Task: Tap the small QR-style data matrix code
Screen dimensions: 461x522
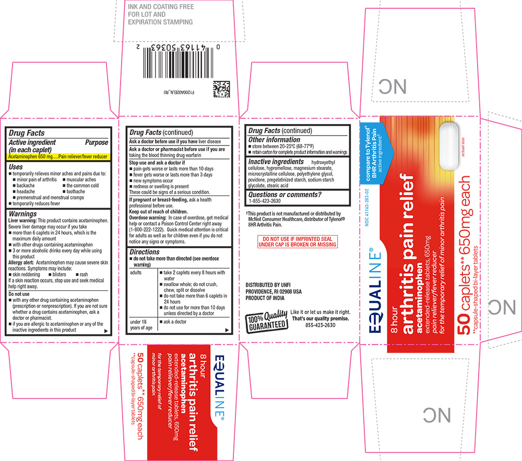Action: click(x=221, y=90)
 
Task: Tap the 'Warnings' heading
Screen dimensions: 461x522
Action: click(x=23, y=214)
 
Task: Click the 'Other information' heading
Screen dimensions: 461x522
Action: click(x=275, y=140)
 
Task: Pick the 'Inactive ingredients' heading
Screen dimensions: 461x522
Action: click(x=276, y=162)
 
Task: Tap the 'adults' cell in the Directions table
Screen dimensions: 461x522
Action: click(x=136, y=272)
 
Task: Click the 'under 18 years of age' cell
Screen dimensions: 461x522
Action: click(x=140, y=324)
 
